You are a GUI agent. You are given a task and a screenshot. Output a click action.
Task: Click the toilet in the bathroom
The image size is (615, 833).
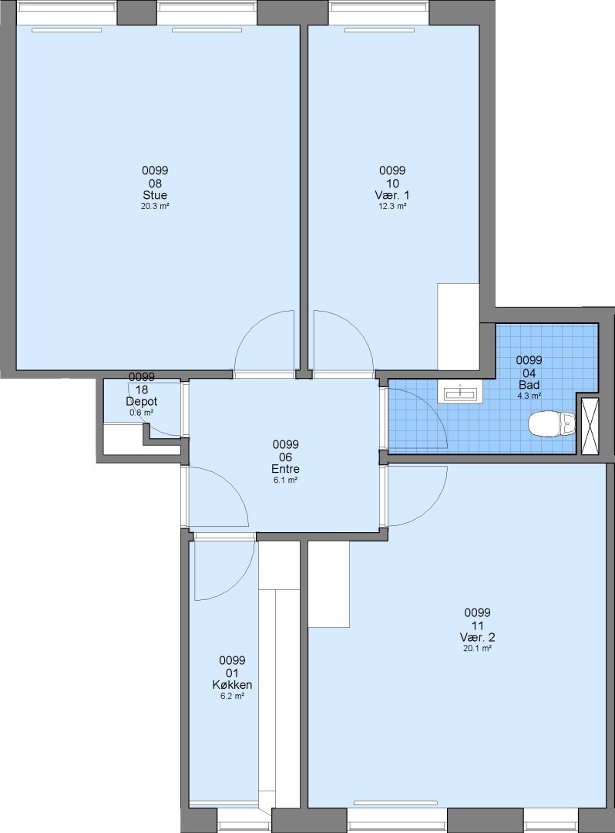tap(552, 423)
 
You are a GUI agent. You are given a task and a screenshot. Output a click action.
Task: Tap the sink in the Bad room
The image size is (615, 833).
tap(460, 393)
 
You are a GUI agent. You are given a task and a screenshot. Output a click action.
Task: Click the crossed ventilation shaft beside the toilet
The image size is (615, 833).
tap(590, 426)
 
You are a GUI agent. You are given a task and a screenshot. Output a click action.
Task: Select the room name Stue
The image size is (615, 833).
tap(155, 195)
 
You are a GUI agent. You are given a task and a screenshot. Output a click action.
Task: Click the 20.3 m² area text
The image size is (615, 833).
tap(155, 206)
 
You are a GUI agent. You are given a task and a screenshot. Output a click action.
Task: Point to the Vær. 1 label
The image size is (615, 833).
tap(392, 195)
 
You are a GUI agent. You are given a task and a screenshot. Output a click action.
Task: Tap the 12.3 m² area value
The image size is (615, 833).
tap(392, 206)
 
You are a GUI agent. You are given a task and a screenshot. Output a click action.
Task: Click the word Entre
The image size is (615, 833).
tap(285, 469)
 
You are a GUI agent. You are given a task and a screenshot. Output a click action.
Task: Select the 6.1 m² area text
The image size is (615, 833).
tap(285, 480)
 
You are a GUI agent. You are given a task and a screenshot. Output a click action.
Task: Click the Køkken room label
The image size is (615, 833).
tap(233, 685)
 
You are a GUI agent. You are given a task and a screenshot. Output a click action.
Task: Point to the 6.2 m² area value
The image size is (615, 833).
tap(233, 696)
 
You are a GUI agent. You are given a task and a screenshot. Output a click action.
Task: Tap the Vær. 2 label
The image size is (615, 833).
tap(478, 637)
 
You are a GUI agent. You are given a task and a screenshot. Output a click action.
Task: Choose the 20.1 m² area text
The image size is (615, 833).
tap(478, 648)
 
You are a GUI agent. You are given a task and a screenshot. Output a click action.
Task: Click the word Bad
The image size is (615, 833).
tap(529, 385)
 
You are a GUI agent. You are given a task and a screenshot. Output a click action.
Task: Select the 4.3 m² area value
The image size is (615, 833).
tap(529, 396)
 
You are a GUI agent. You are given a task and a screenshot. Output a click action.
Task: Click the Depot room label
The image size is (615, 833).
tap(142, 402)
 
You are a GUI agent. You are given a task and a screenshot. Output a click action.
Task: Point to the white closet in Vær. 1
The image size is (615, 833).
tap(459, 326)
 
